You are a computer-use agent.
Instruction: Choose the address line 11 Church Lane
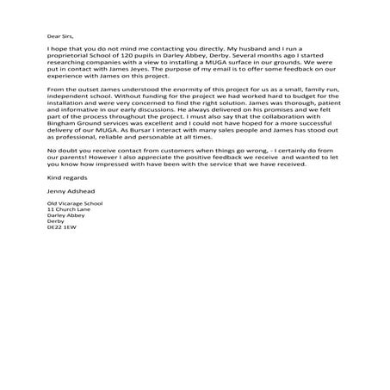click(68, 233)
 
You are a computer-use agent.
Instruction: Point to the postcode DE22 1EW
click(62, 251)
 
